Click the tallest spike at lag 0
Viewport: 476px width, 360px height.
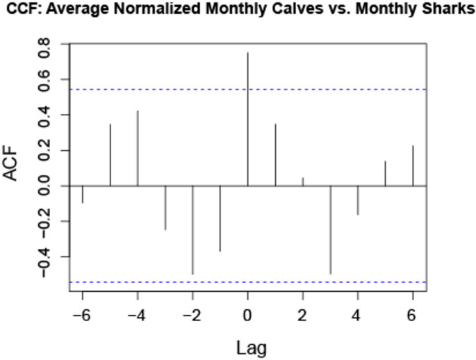pos(247,119)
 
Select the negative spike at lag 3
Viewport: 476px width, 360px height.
pos(330,229)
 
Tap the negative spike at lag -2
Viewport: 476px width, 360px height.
pos(192,230)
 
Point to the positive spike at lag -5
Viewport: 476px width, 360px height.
pos(110,155)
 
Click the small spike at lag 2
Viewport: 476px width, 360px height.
pos(302,181)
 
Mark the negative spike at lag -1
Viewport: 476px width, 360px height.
pos(220,218)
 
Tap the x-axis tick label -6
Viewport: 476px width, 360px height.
pos(81,315)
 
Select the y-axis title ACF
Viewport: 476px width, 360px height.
pos(13,166)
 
